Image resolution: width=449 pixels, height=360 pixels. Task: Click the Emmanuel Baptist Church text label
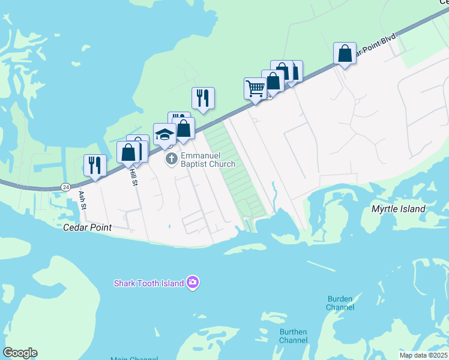[205, 159]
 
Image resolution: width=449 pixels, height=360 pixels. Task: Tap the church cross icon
[171, 159]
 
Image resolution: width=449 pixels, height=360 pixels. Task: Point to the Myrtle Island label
[399, 209]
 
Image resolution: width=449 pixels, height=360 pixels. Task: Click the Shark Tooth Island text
[149, 283]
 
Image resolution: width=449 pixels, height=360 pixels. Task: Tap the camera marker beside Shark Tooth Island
[192, 282]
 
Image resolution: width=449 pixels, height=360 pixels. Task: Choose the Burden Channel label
[340, 303]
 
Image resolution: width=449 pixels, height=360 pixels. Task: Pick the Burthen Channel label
[293, 336]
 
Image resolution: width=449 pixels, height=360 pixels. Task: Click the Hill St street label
[133, 176]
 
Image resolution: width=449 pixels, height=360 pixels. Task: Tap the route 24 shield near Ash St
[65, 187]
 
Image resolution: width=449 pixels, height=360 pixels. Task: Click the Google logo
[20, 353]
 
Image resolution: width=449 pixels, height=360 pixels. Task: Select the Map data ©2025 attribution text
[423, 355]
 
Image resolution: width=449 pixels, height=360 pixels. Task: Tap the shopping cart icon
[255, 89]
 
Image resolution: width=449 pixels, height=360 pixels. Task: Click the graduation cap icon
[164, 134]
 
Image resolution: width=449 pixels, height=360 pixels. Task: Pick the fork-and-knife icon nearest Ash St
[95, 165]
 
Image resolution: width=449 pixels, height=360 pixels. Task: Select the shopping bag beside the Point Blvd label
[345, 53]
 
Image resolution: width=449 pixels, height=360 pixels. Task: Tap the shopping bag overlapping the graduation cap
[183, 128]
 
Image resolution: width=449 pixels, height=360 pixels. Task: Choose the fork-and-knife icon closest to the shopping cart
[203, 98]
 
